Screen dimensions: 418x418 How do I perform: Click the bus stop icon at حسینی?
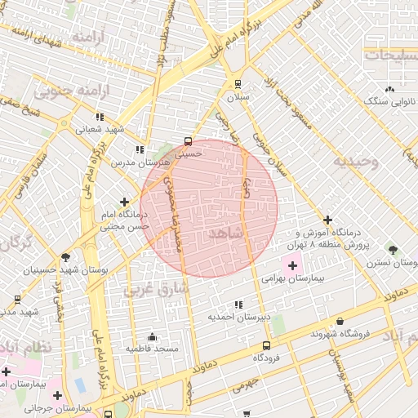click(x=189, y=140)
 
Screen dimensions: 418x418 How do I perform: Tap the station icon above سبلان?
click(x=238, y=83)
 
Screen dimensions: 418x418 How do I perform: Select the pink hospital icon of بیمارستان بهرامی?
click(x=292, y=266)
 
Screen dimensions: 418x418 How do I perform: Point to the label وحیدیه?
click(x=356, y=161)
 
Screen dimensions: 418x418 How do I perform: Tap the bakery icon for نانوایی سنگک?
click(x=389, y=89)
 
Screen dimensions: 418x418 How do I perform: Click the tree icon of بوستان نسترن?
click(x=394, y=248)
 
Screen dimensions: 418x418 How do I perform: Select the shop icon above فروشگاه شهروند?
click(x=340, y=322)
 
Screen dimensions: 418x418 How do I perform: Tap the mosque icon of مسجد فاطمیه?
click(x=151, y=336)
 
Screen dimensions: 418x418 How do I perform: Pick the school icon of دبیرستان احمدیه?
click(x=238, y=305)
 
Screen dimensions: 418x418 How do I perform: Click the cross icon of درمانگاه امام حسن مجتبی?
click(x=124, y=202)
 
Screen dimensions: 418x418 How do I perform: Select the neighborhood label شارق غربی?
click(x=156, y=289)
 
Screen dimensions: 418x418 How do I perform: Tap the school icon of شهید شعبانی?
click(x=100, y=117)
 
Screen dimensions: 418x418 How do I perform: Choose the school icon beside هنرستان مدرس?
click(x=140, y=149)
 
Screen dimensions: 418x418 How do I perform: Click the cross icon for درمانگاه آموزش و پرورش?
click(x=328, y=220)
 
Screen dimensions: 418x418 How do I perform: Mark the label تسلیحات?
click(x=390, y=55)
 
